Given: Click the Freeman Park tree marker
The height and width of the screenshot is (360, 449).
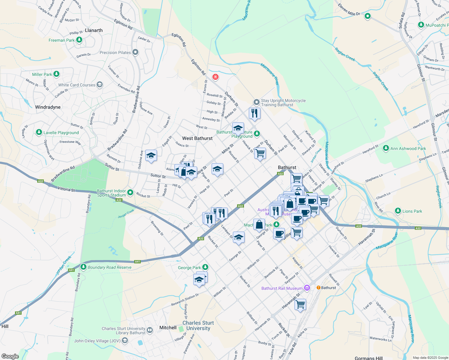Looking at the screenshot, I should (79, 40).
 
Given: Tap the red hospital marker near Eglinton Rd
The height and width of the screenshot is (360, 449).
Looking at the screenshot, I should (215, 77).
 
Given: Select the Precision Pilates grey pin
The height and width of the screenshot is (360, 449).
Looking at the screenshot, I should (135, 52).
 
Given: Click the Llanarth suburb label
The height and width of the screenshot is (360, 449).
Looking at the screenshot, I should (94, 30).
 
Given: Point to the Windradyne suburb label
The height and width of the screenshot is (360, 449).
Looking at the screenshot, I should (48, 107).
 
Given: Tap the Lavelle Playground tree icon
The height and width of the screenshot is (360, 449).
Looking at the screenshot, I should (39, 132).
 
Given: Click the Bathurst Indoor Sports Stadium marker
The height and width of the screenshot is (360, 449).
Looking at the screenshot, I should (130, 193).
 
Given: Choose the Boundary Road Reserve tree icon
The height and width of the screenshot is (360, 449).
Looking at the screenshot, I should (83, 267).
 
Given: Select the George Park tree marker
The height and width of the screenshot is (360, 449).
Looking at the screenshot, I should (205, 267).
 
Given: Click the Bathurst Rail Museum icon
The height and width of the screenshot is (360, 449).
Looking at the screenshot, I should (307, 288).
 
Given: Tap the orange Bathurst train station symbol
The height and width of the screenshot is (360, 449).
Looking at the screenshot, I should (318, 287).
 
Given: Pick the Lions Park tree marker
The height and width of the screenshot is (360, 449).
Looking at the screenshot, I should (398, 211).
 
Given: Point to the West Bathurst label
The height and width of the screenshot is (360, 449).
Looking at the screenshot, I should (197, 138).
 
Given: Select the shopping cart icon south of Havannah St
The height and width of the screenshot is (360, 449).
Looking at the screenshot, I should (300, 304).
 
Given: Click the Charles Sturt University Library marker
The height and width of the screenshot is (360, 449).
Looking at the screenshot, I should (149, 331).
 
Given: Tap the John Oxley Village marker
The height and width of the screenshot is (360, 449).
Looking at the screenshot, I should (125, 340).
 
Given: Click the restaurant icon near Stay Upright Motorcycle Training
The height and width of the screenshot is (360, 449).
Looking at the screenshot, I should (255, 113).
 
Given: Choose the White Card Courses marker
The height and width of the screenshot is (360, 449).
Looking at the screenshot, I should (100, 85).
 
